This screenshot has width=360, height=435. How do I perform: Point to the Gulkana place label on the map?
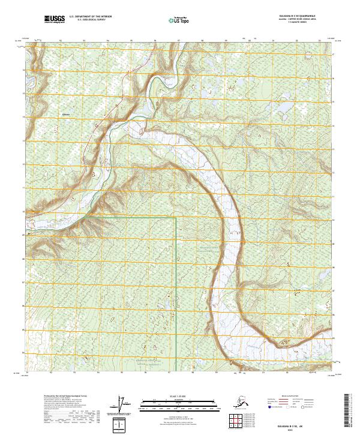click(66, 113)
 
